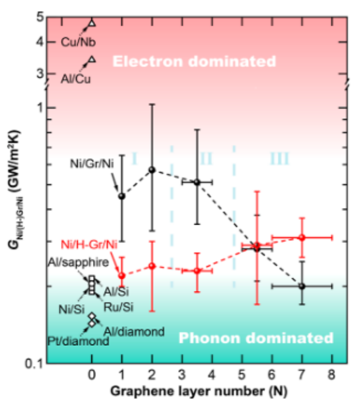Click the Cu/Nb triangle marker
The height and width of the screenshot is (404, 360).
point(92,23)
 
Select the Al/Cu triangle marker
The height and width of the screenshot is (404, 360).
point(92,59)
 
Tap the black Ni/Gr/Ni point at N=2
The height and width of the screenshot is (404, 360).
point(151,170)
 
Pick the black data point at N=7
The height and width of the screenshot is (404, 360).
point(302,286)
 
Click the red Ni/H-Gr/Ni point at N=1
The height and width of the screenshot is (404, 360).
point(122,275)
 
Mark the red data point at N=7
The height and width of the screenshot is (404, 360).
point(302,237)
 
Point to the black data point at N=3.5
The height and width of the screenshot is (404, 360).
point(197,182)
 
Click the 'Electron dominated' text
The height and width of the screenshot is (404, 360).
point(194,61)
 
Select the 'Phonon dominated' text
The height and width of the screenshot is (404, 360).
point(255,338)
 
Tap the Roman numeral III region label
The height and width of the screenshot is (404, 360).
point(279,158)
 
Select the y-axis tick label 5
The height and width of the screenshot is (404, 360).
point(40,17)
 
